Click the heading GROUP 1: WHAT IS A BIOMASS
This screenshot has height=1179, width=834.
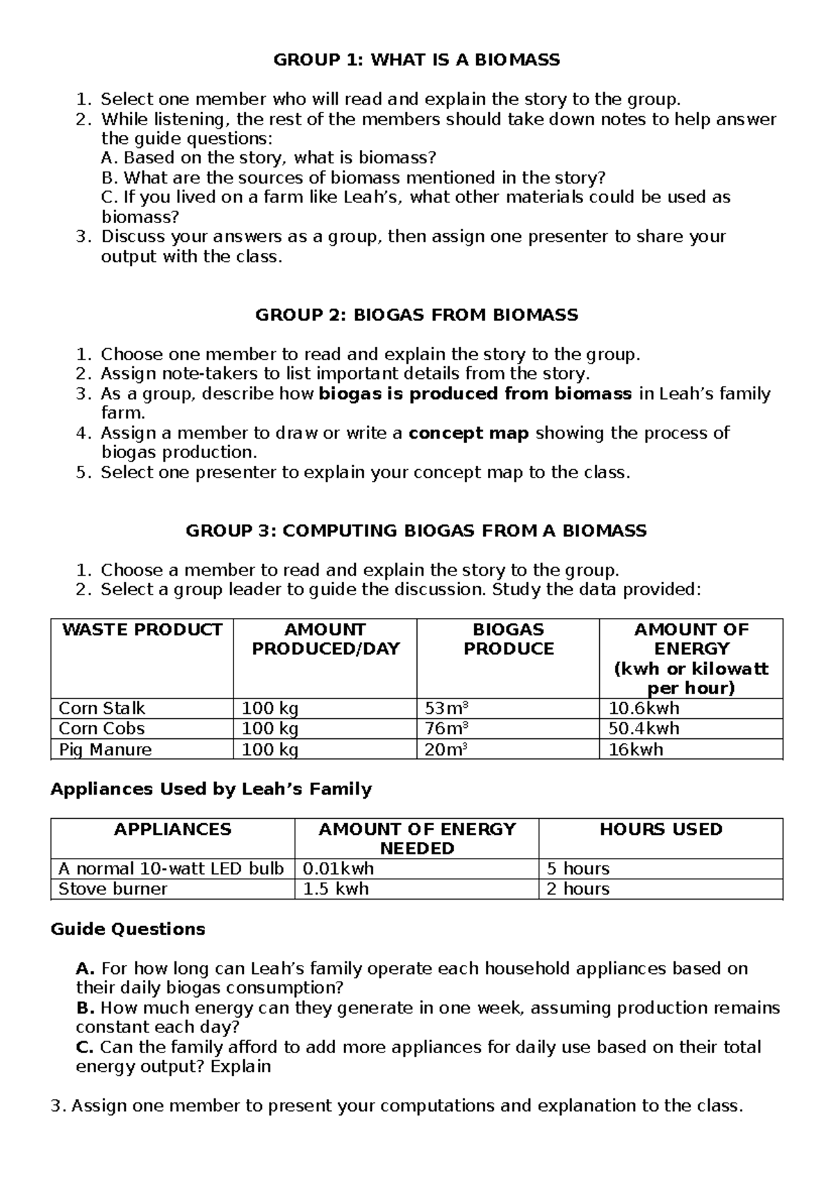point(416,60)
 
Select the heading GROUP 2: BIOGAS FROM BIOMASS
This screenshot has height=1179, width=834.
point(416,315)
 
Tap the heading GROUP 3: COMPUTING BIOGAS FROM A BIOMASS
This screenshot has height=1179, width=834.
point(416,531)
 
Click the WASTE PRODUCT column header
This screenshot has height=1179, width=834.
point(142,630)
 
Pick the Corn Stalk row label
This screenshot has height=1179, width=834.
point(102,708)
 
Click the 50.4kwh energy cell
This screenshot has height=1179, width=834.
point(644,729)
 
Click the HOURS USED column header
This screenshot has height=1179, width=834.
point(661,829)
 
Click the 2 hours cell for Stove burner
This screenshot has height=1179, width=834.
point(578,889)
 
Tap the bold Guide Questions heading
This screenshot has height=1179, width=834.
point(128,929)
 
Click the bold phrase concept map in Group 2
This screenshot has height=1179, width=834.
point(468,433)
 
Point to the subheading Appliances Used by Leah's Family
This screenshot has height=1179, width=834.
point(211,789)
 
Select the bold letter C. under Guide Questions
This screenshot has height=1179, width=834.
point(85,1047)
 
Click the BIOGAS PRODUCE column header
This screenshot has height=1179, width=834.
point(508,640)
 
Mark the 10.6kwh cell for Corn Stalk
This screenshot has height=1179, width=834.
point(644,708)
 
